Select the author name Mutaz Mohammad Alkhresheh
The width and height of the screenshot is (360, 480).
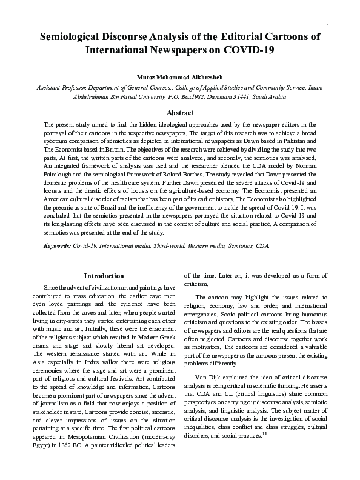[x=180, y=78]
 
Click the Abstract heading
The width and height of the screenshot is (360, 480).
[x=180, y=113]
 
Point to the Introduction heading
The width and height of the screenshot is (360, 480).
[x=104, y=276]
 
